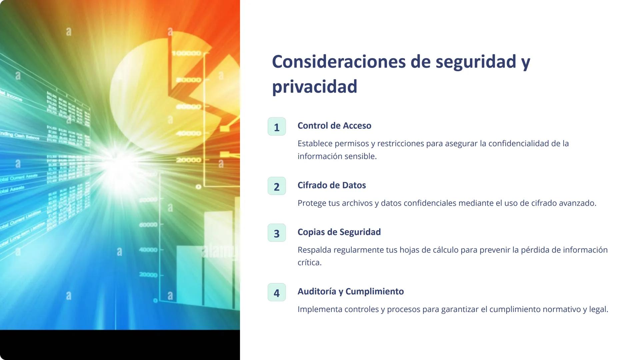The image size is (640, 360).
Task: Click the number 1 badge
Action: point(277,127)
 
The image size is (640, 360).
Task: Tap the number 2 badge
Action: point(277,186)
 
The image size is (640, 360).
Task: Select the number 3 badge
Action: point(277,233)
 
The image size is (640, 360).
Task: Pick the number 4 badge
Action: point(277,292)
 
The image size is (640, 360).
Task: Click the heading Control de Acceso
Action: point(334,126)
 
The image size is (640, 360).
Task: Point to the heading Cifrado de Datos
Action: point(332,185)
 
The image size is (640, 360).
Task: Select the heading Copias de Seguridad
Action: point(339,232)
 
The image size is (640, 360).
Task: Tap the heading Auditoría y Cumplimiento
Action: point(351,291)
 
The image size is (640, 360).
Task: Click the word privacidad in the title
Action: point(315,87)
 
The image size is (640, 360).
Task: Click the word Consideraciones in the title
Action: point(339,62)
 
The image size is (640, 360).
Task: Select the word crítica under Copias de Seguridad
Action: point(309,263)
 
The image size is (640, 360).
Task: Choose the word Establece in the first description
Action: point(315,144)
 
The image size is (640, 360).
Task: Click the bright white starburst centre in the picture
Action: point(118,163)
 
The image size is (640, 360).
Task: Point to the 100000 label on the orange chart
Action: point(187,53)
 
